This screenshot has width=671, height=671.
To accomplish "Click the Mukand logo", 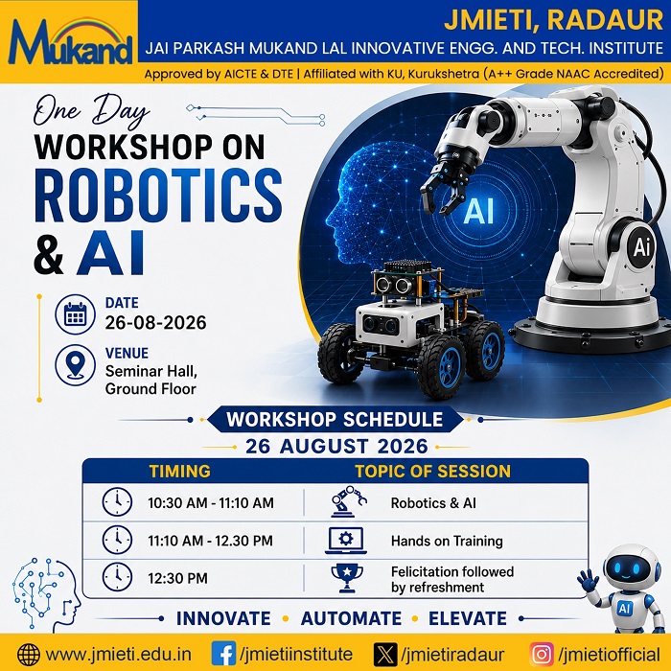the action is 70,41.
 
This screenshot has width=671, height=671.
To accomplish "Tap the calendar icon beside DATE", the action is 76,314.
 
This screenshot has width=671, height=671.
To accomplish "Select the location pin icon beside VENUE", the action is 76,365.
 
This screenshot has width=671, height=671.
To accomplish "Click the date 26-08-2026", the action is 155,322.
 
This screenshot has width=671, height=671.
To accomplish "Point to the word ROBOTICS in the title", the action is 158,196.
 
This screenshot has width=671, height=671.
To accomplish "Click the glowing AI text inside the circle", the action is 478,212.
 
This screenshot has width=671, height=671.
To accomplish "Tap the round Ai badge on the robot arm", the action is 640,247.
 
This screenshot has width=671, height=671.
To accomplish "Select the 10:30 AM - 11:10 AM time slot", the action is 211,503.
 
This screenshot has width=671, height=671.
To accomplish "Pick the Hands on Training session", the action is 447,541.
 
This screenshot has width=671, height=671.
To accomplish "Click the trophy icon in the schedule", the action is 347,578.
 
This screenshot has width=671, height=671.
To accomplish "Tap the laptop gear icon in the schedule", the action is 346,541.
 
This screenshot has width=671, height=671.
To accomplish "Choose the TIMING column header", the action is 180,472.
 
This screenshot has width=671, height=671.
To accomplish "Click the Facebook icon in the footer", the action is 223,654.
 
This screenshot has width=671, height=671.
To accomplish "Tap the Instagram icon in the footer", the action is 542,655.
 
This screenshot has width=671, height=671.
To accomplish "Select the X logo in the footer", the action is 385,655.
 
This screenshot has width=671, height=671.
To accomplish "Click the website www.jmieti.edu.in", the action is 118,655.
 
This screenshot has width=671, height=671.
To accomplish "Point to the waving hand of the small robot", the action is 587,580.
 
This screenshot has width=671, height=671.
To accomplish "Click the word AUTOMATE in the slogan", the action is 351,619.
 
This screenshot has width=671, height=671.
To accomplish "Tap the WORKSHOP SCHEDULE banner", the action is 335,420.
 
